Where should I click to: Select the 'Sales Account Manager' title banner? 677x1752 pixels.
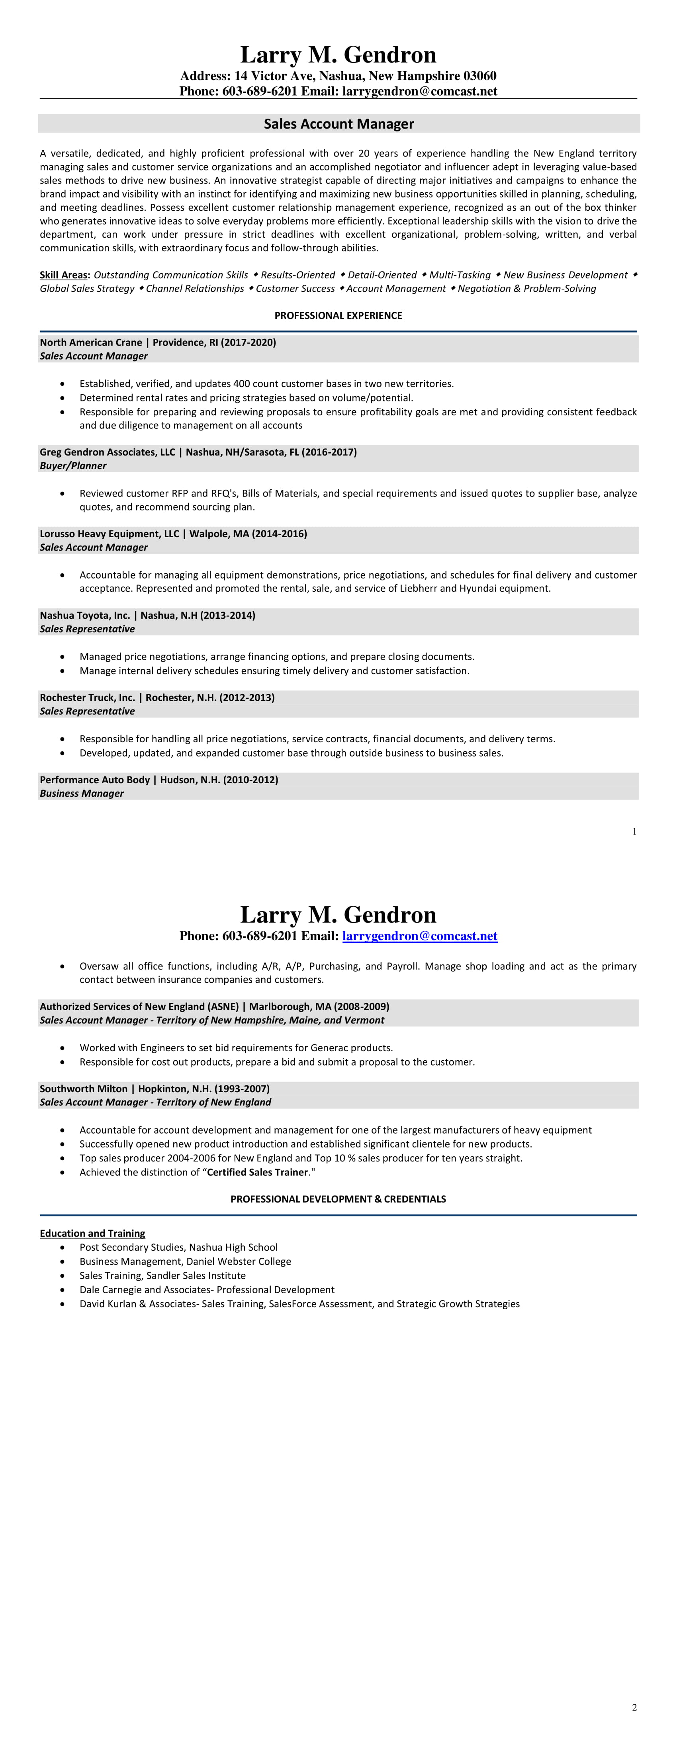pyautogui.click(x=339, y=124)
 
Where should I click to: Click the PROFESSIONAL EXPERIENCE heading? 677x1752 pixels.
pyautogui.click(x=338, y=316)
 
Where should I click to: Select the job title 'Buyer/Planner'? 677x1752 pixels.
pyautogui.click(x=73, y=466)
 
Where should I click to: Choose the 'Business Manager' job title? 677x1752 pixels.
pyautogui.click(x=82, y=794)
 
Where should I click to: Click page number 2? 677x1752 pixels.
pyautogui.click(x=634, y=1707)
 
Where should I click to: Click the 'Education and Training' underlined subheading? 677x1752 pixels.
pyautogui.click(x=92, y=1233)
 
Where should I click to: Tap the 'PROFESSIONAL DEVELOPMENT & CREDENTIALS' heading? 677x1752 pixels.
pyautogui.click(x=338, y=1199)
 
